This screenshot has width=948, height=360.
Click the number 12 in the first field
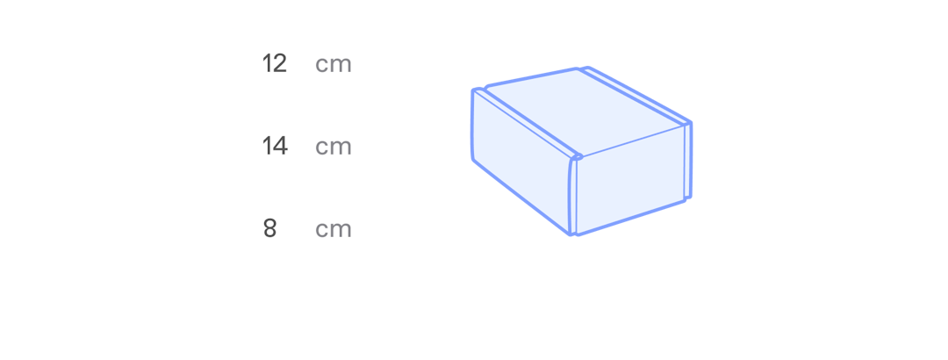click(x=275, y=64)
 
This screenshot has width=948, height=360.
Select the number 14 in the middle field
click(x=275, y=147)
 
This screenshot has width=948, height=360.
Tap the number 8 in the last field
click(x=269, y=229)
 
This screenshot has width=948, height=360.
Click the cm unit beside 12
click(x=334, y=64)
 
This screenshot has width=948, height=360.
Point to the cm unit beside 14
click(x=334, y=147)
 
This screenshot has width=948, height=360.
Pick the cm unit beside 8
click(x=334, y=229)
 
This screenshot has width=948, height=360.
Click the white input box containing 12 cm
click(x=307, y=64)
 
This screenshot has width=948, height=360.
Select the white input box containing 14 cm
click(x=307, y=147)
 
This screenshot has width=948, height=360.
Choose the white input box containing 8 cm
click(x=307, y=229)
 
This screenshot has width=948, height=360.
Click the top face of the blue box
click(x=584, y=110)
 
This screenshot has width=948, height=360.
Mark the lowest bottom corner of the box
click(x=574, y=234)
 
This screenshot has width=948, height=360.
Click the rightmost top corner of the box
click(x=691, y=123)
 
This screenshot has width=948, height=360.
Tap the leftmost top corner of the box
click(x=472, y=90)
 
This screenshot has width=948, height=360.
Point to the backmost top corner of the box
click(x=583, y=68)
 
